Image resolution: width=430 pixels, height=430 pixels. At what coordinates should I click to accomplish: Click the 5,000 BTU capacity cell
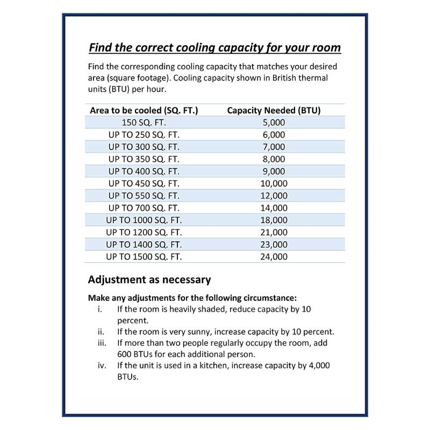(274, 123)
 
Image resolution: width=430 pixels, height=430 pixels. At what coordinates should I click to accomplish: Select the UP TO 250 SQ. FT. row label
(144, 135)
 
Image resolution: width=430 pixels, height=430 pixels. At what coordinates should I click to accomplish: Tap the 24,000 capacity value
(274, 257)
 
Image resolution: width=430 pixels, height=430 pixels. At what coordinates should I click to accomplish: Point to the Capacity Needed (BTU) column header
(274, 110)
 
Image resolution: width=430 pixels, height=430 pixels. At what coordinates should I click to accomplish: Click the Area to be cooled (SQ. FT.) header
(144, 110)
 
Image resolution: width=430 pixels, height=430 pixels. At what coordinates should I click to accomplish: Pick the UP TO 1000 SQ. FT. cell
(144, 220)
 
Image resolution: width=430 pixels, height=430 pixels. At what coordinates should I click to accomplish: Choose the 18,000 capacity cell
(274, 220)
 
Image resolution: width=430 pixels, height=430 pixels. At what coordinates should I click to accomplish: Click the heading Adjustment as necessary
(149, 279)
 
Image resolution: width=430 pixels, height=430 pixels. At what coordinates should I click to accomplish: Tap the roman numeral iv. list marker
(101, 365)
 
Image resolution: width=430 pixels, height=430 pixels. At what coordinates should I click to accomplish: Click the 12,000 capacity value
(274, 196)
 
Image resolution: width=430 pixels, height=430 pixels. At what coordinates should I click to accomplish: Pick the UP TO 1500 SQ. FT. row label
(144, 257)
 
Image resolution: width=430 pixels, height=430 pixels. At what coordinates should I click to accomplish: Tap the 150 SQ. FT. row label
(144, 123)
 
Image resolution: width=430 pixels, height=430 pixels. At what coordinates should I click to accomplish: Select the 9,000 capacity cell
(274, 171)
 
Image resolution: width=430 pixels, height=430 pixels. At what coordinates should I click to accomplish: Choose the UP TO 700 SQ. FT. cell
(144, 208)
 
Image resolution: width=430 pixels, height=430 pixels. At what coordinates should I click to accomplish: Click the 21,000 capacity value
(274, 233)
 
